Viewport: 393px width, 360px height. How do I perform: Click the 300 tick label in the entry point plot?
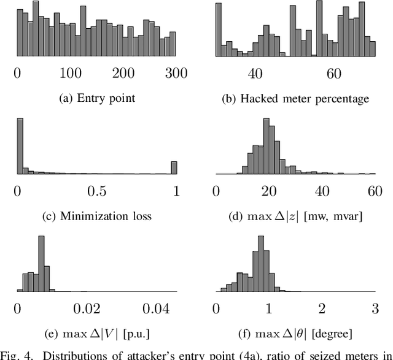coord(176,74)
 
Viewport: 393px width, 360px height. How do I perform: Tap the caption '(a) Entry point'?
coord(95,99)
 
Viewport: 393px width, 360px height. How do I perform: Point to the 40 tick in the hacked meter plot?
coord(255,74)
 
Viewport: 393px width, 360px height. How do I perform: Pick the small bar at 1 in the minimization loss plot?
coord(174,167)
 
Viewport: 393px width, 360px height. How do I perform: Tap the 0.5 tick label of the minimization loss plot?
coord(96,191)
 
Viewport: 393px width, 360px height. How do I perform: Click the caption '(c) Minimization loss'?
coord(95,216)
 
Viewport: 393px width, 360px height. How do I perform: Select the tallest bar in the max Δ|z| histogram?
coord(268,147)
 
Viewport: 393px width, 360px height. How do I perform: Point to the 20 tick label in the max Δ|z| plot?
coord(268,191)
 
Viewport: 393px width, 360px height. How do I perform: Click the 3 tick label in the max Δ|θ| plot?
coord(374,308)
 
